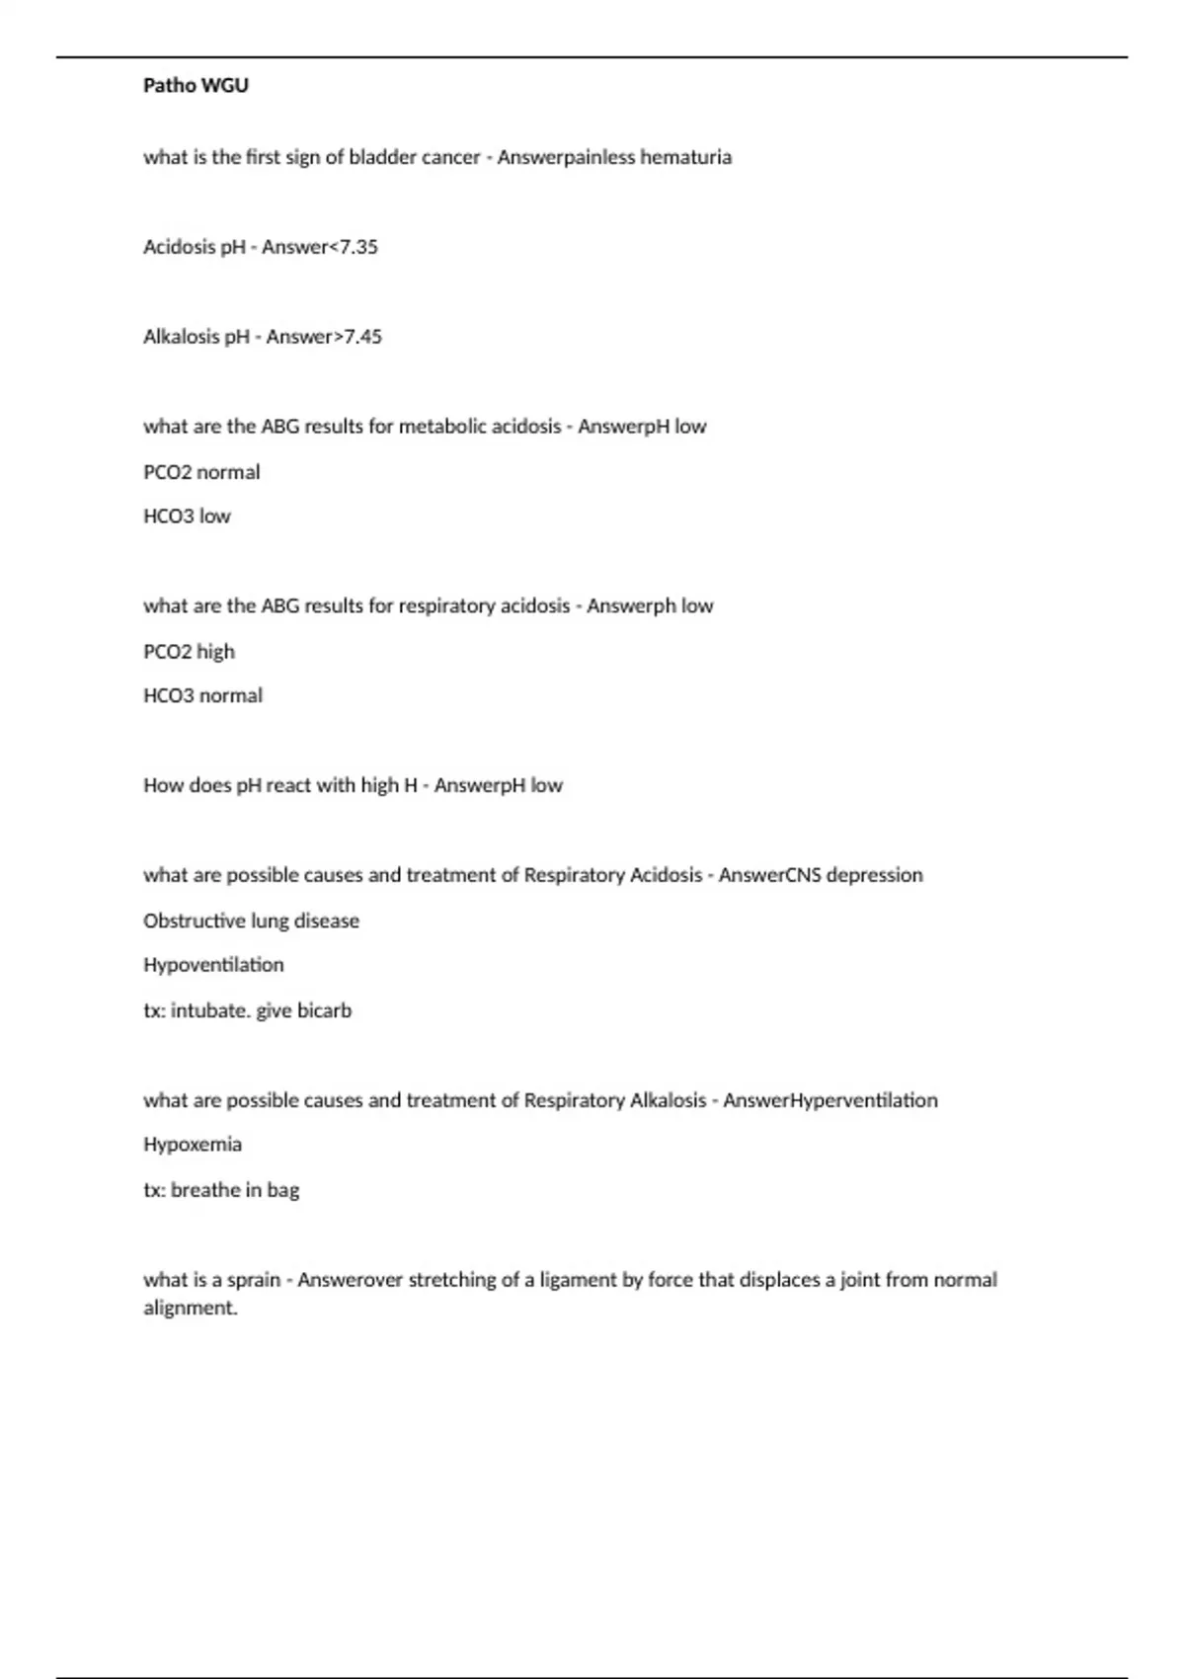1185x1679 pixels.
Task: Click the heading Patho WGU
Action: pyautogui.click(x=196, y=86)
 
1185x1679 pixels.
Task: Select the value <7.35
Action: pyautogui.click(x=353, y=247)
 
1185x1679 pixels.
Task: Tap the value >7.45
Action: pyautogui.click(x=357, y=337)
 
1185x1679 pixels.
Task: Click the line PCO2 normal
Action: pyautogui.click(x=201, y=472)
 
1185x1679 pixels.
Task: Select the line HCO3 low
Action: pyautogui.click(x=187, y=517)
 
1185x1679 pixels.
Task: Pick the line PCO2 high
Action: pyautogui.click(x=189, y=652)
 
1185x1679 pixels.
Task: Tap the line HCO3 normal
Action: pyautogui.click(x=202, y=696)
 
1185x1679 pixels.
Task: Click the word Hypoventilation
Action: pyautogui.click(x=213, y=965)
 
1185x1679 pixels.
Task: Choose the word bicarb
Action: pyautogui.click(x=324, y=1010)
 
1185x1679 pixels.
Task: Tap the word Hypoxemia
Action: pyautogui.click(x=193, y=1145)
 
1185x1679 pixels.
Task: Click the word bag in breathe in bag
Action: pyautogui.click(x=282, y=1190)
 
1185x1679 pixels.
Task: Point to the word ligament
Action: pyautogui.click(x=578, y=1280)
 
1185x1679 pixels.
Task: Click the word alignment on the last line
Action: pyautogui.click(x=190, y=1309)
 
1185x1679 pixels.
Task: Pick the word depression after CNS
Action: pyautogui.click(x=874, y=875)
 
